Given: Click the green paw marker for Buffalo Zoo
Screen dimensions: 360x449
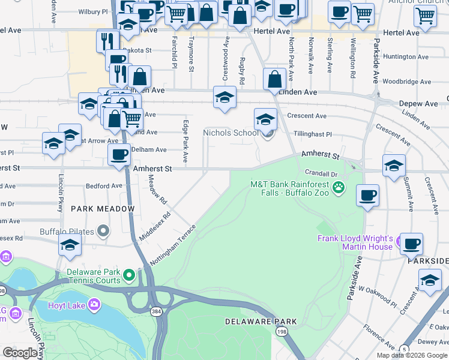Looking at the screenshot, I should coord(339,187).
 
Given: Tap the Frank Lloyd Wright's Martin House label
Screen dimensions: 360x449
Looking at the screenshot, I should coord(355,242).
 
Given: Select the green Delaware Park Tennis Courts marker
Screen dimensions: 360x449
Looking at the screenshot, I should coord(128,276).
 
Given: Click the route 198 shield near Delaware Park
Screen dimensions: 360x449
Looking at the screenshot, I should coord(281,331).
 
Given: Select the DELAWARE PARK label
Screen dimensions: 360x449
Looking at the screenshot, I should coord(253,322).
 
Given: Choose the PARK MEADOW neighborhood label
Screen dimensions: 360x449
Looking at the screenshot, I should coord(103,209).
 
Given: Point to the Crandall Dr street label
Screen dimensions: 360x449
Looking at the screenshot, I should coord(318,172).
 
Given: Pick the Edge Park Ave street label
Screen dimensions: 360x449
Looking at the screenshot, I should coord(185,140).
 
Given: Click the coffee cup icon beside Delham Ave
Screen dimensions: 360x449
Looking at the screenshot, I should coord(119,154).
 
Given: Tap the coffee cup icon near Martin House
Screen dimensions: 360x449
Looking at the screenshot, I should coord(411,243).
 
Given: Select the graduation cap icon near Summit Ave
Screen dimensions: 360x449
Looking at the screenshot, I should coord(394,165).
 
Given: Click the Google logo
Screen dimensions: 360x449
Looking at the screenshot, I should coord(20,353).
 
